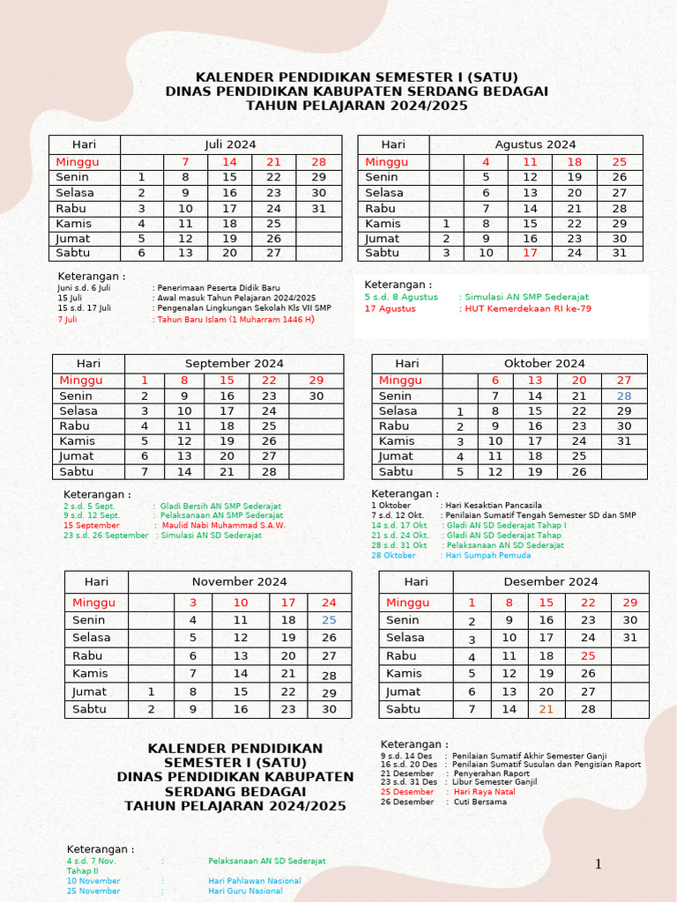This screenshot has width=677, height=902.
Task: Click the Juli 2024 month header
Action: coord(230,144)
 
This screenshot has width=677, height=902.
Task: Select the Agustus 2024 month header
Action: coord(535,144)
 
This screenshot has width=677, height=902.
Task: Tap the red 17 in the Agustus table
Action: coord(530,253)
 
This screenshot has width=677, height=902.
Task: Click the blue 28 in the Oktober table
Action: coord(624,396)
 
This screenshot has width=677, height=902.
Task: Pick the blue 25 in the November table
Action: coord(329,620)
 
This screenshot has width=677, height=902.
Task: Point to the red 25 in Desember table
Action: coord(588,656)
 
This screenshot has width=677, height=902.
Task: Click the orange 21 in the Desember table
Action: coord(547,709)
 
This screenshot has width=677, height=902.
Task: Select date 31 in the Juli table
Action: coord(318,209)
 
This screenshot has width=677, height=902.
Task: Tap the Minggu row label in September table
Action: coord(81,381)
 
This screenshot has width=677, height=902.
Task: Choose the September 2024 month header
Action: coord(234,363)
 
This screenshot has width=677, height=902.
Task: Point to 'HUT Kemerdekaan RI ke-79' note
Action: coord(527,309)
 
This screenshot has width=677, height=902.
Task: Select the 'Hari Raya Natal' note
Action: coord(485,792)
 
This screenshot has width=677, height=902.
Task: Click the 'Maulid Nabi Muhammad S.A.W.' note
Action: coord(223,526)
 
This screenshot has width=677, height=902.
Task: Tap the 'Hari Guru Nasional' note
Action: coord(245,891)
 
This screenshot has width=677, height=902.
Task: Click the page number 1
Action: coord(598,864)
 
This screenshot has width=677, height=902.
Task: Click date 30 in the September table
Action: coord(316,396)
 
